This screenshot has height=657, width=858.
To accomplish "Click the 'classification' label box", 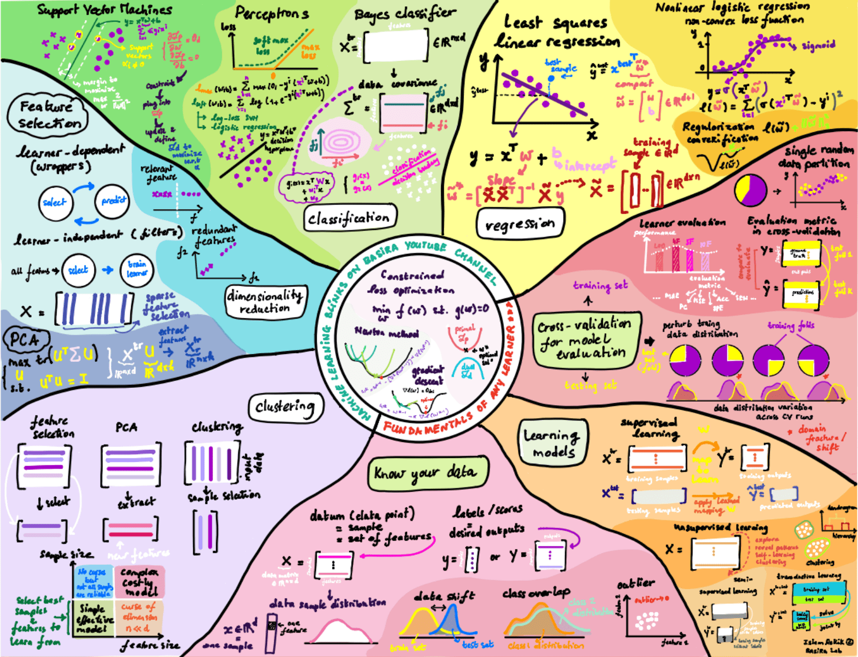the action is [x=349, y=218].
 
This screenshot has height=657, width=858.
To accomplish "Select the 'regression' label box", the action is [x=520, y=224].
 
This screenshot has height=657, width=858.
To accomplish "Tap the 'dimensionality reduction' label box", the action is [x=265, y=301].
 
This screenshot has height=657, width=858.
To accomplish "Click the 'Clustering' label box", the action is [x=285, y=407].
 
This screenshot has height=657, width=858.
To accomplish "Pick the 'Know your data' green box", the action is [x=427, y=472].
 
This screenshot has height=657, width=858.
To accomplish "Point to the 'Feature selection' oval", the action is [x=48, y=114].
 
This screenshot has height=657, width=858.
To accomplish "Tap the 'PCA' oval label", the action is [x=25, y=340].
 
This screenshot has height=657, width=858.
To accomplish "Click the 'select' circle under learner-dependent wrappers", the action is [x=55, y=202].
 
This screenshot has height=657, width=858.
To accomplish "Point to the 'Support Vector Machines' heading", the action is [x=104, y=10].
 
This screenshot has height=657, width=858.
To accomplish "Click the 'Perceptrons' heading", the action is [x=271, y=13].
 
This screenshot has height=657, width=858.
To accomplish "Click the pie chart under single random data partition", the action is [x=750, y=190].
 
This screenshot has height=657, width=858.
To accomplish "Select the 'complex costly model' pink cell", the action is [x=139, y=581].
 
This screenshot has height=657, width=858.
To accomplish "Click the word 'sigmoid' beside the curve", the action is [x=818, y=46].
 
